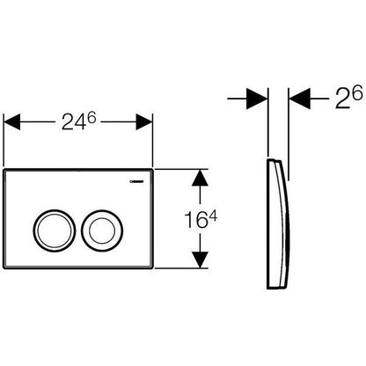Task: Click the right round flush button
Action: click(102, 231)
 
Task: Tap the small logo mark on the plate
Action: click(136, 181)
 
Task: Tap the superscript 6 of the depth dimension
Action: click(357, 94)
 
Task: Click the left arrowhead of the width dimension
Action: click(11, 121)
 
